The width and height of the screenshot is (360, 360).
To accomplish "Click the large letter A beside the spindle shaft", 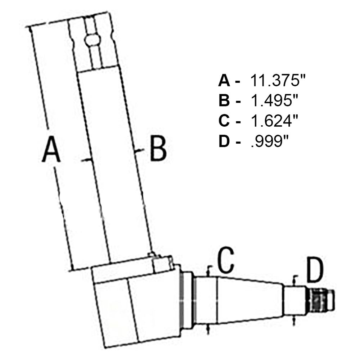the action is pos(51,149).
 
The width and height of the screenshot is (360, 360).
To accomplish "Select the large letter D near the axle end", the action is pos(315,270).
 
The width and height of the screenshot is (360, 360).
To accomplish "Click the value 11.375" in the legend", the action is pos(278,80).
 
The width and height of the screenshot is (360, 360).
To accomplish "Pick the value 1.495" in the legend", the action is pos(275,100).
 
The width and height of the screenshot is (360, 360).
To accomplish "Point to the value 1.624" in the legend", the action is pos(275,121).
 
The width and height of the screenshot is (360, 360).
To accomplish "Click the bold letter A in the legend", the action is pos(224,80).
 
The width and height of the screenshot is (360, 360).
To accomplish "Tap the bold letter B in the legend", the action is pos(224,100).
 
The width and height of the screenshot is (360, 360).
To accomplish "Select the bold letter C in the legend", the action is pos(224,121).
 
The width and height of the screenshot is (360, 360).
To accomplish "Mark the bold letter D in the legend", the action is pos(224,141).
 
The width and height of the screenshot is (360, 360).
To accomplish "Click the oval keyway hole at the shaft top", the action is pos(92,40).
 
